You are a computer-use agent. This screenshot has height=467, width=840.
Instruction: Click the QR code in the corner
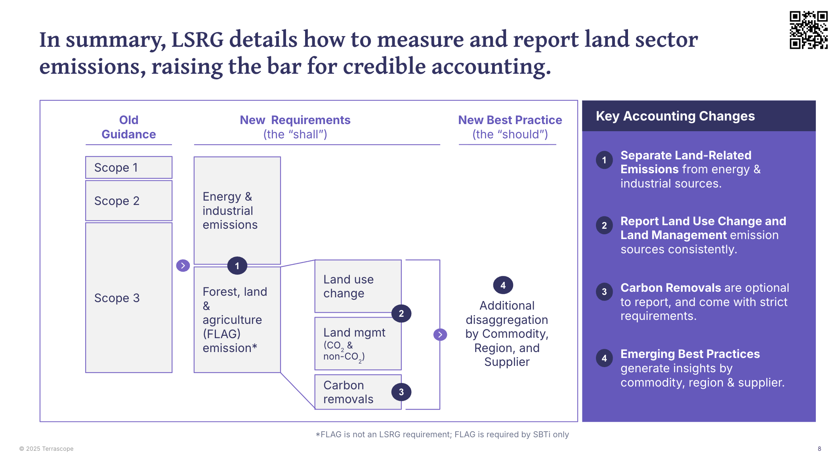808,30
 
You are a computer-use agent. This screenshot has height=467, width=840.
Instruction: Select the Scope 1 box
129,167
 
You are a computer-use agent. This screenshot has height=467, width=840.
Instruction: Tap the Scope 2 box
129,201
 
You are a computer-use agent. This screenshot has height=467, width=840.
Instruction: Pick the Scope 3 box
129,297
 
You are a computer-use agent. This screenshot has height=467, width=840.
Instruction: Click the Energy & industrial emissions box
237,210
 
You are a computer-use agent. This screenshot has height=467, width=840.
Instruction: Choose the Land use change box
358,286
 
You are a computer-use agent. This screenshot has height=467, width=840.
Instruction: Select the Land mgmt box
358,344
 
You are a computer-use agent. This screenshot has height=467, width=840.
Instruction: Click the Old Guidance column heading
129,127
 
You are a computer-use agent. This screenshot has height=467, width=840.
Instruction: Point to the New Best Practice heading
510,120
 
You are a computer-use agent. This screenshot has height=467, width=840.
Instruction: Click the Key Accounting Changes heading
675,116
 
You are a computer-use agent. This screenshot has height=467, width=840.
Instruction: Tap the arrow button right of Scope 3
183,266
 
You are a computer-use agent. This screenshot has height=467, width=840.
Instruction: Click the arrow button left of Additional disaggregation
440,335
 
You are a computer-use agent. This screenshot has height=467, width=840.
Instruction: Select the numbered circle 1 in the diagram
237,266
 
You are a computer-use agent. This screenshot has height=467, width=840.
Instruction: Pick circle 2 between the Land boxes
401,314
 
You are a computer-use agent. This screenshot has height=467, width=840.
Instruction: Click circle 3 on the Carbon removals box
401,392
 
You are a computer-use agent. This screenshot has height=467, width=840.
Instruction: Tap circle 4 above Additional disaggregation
503,285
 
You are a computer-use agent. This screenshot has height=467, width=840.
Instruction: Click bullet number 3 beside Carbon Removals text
604,292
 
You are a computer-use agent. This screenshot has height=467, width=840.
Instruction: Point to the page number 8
819,449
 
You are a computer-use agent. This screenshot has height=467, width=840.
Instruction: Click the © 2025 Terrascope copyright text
46,449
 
